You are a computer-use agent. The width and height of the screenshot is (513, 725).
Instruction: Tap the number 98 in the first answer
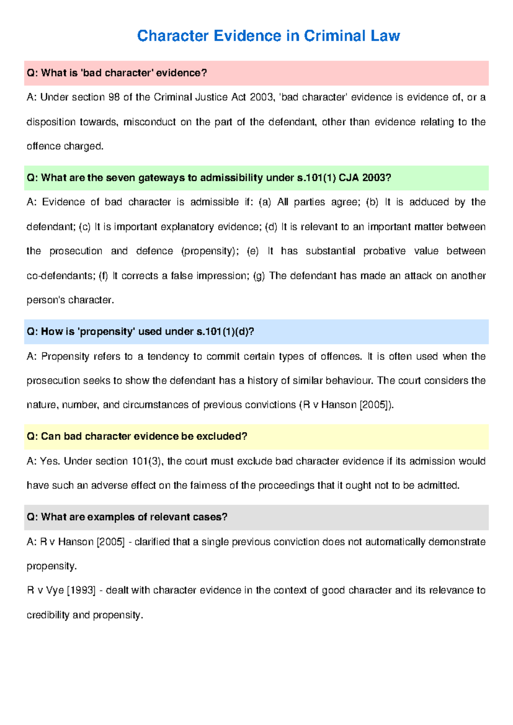point(114,97)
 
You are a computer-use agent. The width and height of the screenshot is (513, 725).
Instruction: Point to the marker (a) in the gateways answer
point(265,202)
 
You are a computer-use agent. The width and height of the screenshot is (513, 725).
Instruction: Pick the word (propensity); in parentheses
point(210,251)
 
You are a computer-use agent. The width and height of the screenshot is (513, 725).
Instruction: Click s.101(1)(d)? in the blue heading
point(225,332)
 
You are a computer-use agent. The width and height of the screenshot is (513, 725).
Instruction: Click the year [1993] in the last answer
point(81,591)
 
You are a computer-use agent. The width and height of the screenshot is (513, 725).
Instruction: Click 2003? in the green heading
point(377,178)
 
